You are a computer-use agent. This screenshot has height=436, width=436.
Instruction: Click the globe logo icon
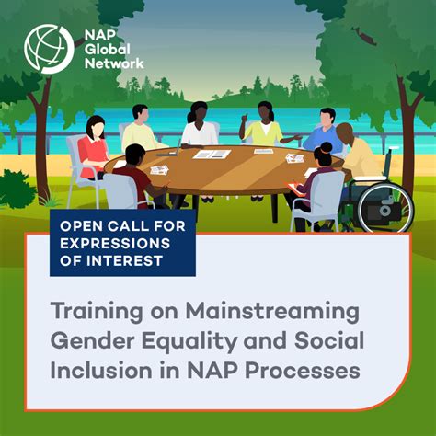[x=49, y=49]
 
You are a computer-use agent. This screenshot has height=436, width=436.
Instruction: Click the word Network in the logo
[x=113, y=63]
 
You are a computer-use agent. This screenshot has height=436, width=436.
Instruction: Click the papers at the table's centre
[x=212, y=154]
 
